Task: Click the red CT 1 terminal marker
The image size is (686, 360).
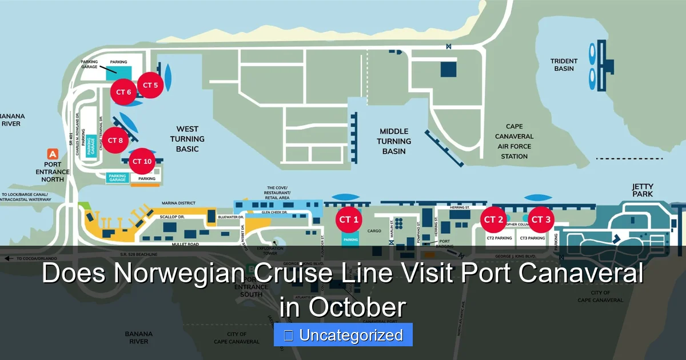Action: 349,220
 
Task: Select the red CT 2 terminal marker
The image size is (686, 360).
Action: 493,220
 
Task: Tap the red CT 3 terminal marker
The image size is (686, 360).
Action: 541,220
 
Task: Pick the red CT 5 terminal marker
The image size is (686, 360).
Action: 150,86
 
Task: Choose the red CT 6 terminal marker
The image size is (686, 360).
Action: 124,93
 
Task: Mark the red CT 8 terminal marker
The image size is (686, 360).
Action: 115,141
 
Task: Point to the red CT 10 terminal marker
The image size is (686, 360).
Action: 142,162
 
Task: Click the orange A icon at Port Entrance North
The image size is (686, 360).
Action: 53,154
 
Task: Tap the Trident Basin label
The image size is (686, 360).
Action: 564,65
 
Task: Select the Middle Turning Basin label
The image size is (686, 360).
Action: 394,141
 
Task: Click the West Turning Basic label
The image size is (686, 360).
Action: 187,139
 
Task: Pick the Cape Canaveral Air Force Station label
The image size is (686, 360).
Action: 514,142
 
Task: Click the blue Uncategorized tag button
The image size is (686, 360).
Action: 343,335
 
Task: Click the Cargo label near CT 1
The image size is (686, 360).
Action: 374,231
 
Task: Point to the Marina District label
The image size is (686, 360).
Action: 179,203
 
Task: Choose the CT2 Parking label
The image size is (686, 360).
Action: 499,238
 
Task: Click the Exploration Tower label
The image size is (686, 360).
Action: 269,251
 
